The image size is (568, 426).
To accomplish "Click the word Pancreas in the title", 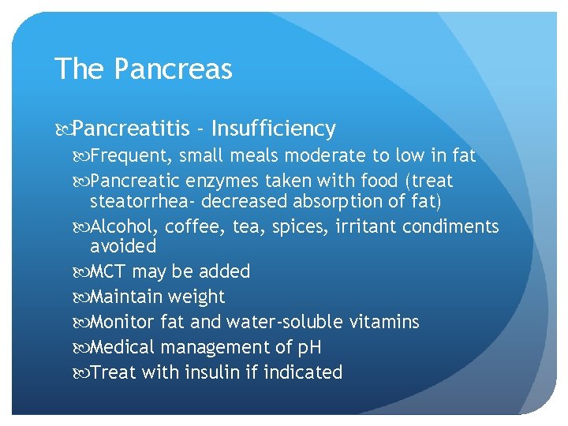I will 173,69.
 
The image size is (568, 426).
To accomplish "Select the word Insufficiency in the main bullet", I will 274,129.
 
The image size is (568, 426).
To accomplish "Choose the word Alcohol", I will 126,227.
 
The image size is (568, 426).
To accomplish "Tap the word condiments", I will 450,227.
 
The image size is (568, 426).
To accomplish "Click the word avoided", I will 123,246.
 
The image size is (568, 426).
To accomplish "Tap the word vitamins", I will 384,323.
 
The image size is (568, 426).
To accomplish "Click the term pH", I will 308,348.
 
